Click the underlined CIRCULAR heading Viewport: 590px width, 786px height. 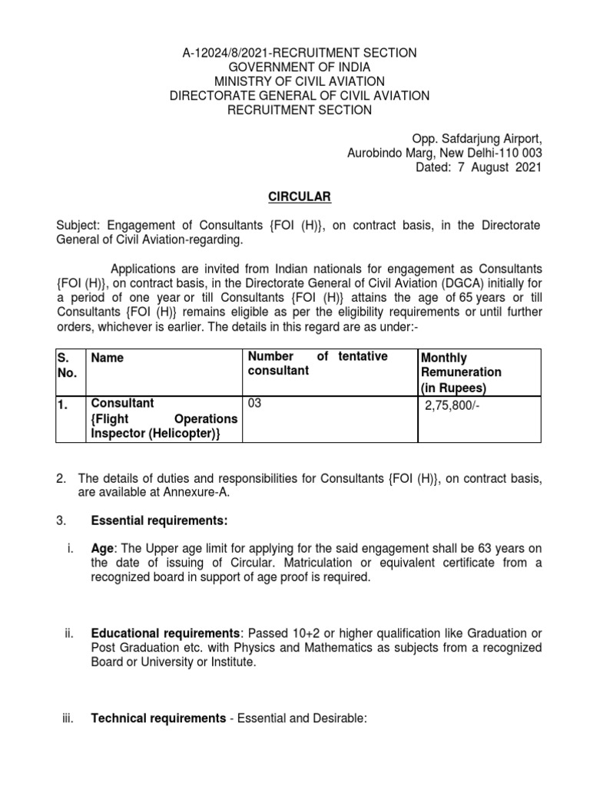(300, 197)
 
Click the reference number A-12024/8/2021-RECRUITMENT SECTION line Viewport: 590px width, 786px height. (299, 52)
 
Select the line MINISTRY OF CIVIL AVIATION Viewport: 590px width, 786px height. (299, 81)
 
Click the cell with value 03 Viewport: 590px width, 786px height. (254, 404)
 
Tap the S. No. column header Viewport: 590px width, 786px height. (68, 365)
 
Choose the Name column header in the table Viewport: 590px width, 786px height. (108, 358)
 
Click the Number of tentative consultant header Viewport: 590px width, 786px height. (317, 364)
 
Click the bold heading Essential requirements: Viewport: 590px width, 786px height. (159, 521)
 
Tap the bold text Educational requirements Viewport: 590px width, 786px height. (163, 633)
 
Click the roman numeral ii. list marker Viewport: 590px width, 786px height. (68, 633)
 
